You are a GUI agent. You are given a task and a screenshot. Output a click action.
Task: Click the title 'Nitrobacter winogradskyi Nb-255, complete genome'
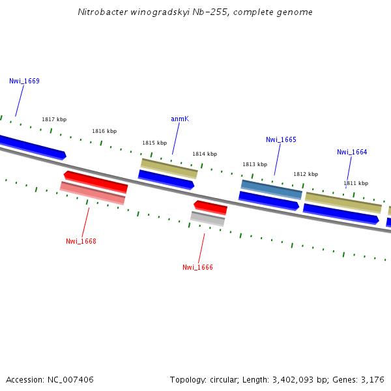pos(195,12)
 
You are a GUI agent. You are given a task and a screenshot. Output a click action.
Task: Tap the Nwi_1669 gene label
pos(24,81)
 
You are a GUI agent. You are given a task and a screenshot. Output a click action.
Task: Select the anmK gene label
pos(180,119)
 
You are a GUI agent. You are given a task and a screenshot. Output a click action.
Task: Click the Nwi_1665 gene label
pos(281,140)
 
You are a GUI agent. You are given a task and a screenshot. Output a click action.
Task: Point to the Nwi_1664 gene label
pos(352,152)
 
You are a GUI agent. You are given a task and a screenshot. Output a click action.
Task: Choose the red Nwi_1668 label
pos(81,242)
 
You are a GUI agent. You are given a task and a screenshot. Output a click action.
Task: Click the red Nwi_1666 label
pos(197,268)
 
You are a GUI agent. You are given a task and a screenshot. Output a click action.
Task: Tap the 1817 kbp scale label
pos(54,120)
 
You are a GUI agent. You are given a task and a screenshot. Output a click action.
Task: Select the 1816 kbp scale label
pos(104,132)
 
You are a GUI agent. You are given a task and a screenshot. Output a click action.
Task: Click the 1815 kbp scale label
pos(154,143)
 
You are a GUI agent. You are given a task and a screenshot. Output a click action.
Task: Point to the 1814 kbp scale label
pos(204,154)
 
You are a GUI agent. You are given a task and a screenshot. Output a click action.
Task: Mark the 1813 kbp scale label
pos(255,165)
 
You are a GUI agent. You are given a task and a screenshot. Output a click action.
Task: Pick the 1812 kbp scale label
pos(306,175)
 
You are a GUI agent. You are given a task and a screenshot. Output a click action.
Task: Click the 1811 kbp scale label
pos(356,184)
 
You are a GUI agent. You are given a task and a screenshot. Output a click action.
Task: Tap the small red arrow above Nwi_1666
pos(210,207)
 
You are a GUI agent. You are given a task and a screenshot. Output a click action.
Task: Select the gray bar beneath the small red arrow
pos(208,219)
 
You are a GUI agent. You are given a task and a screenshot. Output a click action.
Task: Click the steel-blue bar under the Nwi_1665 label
pos(272,189)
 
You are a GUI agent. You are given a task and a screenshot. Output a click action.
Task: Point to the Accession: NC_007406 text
pos(50,379)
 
